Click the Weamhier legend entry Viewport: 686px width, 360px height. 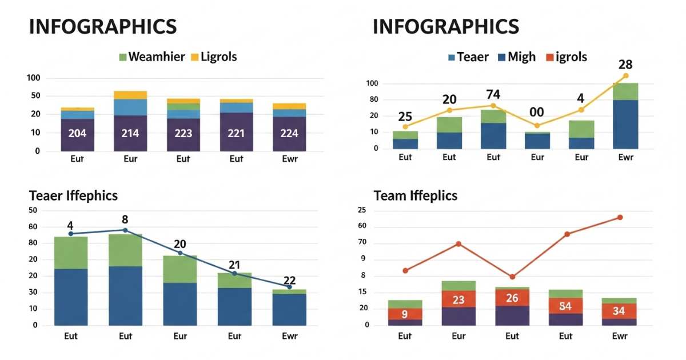[152, 57]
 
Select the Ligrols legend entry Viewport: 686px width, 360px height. [213, 57]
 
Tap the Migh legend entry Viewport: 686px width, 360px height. [517, 57]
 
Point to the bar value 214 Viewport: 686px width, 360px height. [130, 134]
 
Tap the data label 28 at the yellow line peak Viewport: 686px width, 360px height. [625, 65]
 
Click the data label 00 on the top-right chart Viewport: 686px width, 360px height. [536, 112]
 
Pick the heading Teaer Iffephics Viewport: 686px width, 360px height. [73, 195]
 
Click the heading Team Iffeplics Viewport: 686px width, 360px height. [416, 195]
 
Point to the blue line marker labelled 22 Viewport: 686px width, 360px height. [289, 287]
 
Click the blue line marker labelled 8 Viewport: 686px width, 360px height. [125, 230]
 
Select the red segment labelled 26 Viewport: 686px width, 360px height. [512, 298]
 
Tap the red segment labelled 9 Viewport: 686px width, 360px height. [405, 314]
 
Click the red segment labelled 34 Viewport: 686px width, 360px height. [619, 311]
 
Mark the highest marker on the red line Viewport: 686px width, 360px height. [620, 217]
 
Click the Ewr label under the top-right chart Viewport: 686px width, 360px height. [625, 157]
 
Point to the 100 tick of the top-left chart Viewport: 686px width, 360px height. [34, 78]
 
